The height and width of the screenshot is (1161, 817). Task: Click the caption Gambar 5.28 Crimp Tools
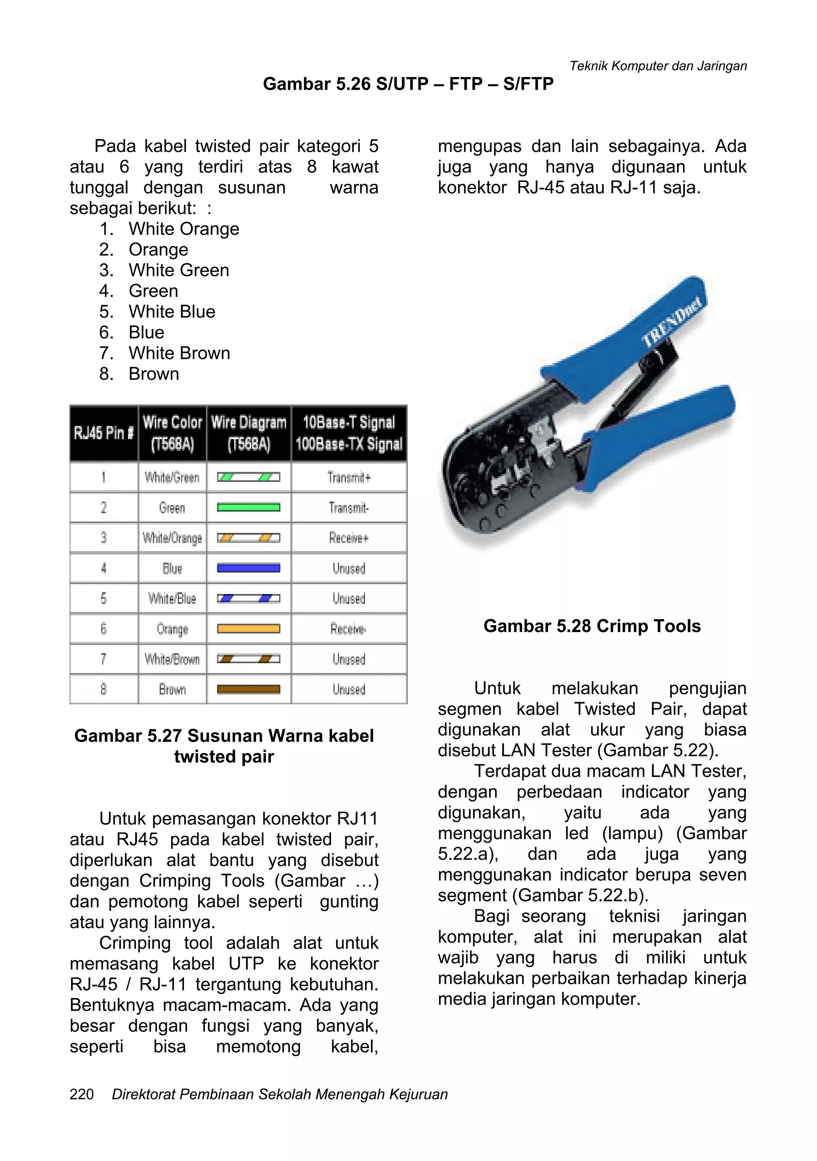click(592, 626)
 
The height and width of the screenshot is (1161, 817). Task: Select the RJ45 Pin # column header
click(104, 433)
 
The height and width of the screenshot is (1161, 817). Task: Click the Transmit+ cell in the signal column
click(349, 477)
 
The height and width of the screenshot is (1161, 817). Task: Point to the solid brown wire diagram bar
click(248, 689)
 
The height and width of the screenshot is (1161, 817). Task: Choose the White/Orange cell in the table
click(172, 538)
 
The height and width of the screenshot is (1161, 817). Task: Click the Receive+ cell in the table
click(349, 538)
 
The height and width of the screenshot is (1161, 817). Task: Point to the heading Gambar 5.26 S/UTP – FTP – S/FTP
click(408, 83)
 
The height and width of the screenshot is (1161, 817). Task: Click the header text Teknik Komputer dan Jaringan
click(658, 66)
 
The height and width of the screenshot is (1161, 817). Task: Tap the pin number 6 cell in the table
click(104, 628)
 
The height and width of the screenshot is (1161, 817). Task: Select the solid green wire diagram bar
click(248, 507)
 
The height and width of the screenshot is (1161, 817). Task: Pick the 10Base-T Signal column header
click(349, 433)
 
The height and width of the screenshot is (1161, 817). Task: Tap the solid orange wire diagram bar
click(248, 628)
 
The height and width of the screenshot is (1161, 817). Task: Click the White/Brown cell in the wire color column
click(172, 659)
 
